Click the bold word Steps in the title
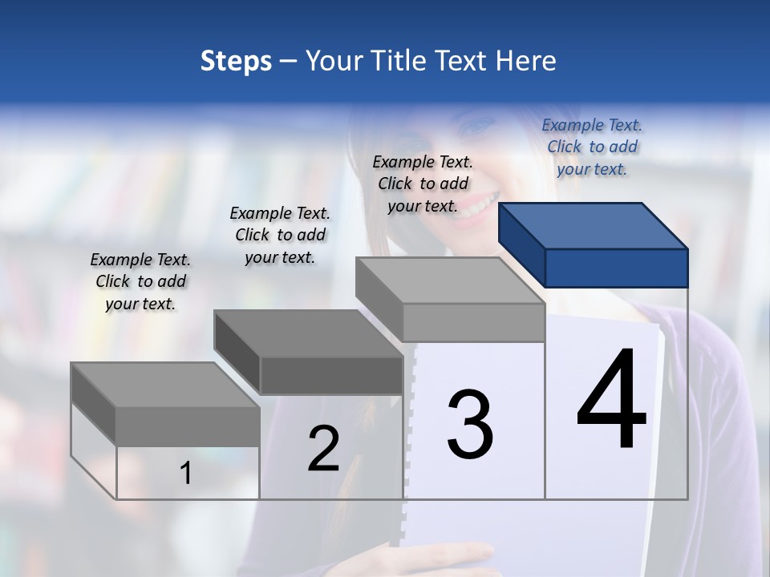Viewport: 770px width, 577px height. coord(236,61)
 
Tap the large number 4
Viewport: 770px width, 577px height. coord(611,401)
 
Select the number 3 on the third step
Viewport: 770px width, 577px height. coord(470,425)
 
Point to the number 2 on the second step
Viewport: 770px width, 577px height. coord(323,449)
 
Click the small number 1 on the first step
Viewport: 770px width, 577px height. coord(186,474)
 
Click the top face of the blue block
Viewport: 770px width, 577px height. coord(594,226)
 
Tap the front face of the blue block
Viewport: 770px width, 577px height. coord(616,268)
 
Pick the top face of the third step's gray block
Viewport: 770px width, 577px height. coord(450,280)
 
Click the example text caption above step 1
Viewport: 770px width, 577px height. coord(140,281)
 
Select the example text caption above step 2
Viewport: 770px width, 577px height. coord(280,235)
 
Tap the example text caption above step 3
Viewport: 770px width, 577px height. coord(423,184)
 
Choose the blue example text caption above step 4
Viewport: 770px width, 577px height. coord(592,147)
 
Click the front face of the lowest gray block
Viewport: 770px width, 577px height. coord(188,426)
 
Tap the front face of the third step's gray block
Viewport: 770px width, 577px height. coord(473,322)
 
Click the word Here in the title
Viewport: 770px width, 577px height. coord(527,61)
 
